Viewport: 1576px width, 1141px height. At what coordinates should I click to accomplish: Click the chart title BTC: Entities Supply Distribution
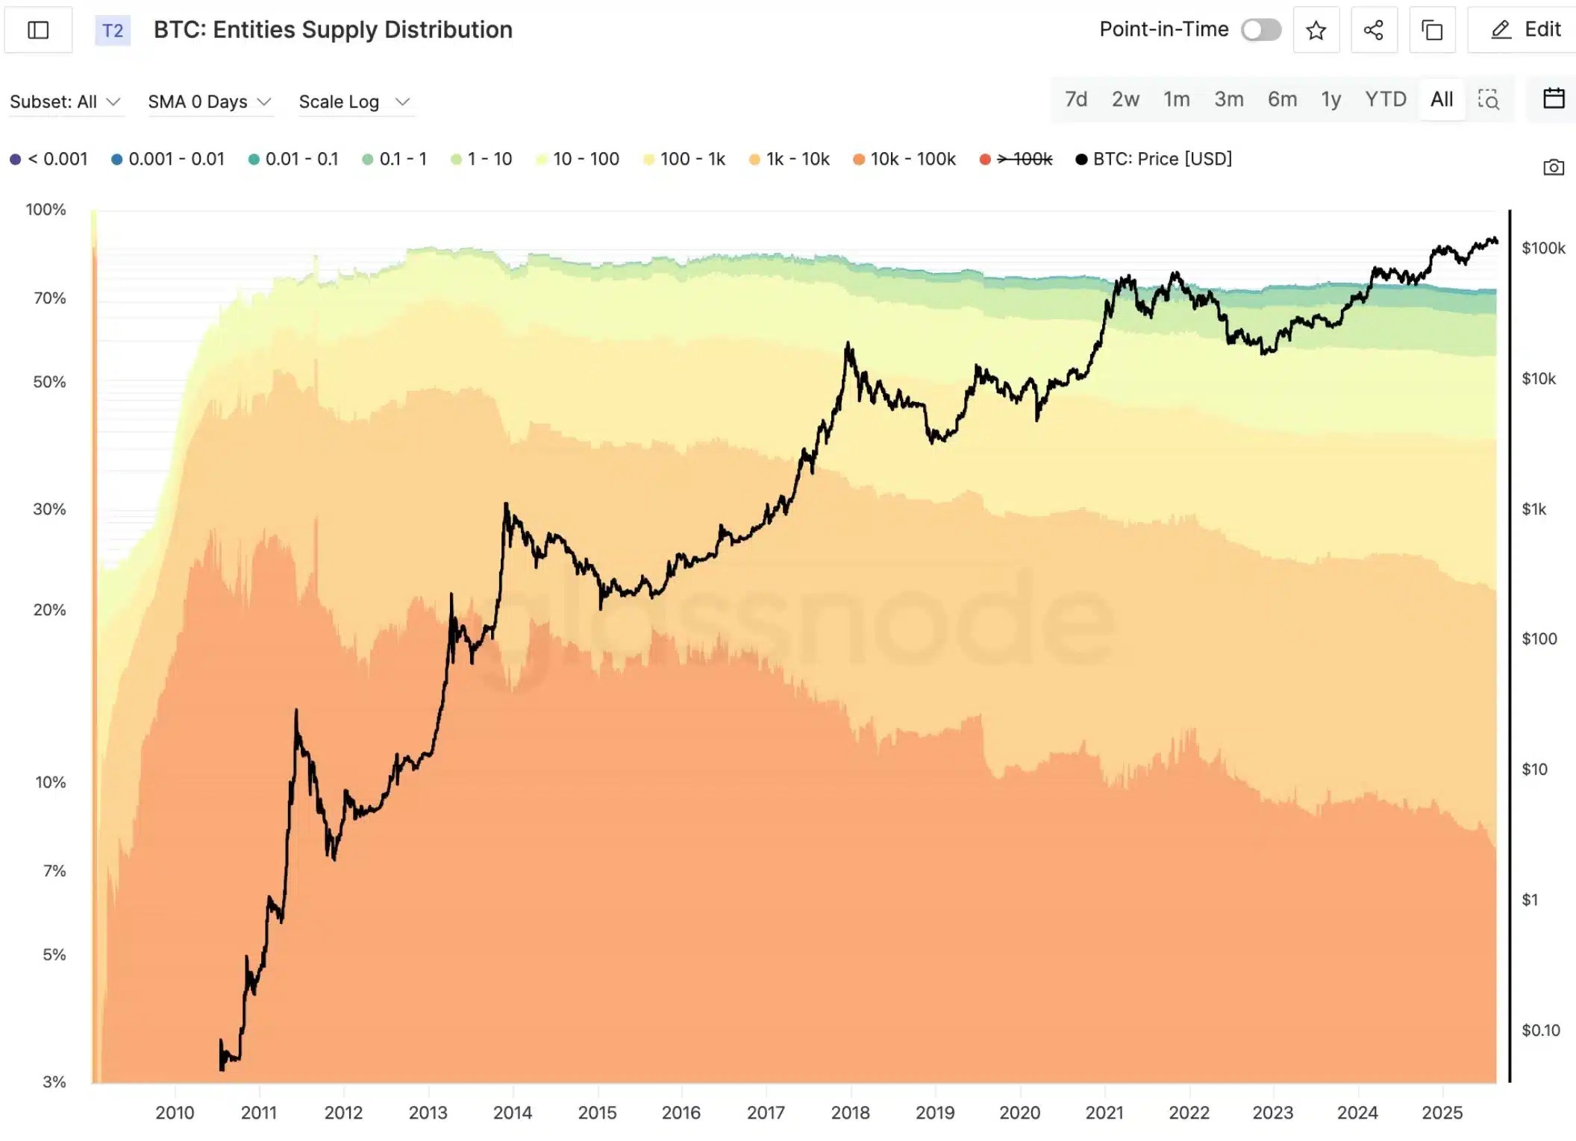[333, 30]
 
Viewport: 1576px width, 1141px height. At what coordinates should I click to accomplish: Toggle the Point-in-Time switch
[1261, 30]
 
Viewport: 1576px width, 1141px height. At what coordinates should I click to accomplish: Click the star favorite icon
[1316, 30]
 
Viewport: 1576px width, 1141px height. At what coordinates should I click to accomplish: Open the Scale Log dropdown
[354, 101]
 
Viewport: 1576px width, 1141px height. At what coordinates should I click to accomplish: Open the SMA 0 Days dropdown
[209, 101]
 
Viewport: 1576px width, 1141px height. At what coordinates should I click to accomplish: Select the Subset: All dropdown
[64, 101]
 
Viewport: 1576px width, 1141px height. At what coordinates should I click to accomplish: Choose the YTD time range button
[1385, 99]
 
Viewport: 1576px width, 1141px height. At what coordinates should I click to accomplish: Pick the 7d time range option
[1075, 99]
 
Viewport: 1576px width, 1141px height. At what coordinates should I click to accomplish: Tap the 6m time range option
[1282, 99]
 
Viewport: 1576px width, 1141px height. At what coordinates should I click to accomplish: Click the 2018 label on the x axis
[850, 1112]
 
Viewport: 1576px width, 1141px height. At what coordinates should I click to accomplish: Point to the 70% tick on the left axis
[49, 298]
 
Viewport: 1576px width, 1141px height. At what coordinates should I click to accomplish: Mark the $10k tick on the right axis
[1538, 379]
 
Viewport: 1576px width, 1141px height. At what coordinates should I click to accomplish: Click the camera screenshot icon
[1553, 168]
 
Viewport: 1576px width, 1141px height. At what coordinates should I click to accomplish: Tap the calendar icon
[1553, 98]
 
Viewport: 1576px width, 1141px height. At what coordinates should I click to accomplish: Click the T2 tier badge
[113, 31]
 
